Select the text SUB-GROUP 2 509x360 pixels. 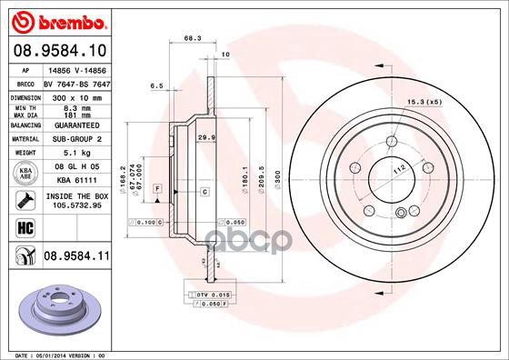point(73,139)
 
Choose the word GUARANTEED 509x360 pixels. point(73,125)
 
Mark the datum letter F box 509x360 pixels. point(158,187)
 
